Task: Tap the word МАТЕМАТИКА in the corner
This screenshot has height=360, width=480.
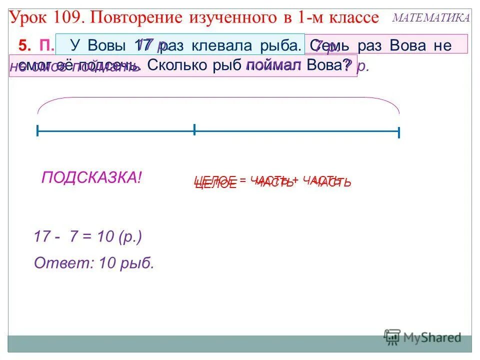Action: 431,17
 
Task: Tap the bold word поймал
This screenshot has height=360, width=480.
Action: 273,65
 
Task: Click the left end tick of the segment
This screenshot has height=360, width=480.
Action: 37,131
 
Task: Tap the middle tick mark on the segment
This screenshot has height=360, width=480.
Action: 194,130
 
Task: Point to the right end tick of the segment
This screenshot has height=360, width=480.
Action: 398,132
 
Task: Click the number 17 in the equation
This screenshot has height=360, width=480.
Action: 42,236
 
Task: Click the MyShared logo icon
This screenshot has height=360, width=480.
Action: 392,336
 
